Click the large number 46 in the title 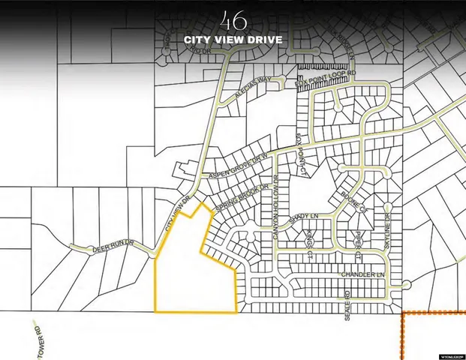click(x=233, y=19)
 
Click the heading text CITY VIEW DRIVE click(x=233, y=39)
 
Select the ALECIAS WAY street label click(x=253, y=83)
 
